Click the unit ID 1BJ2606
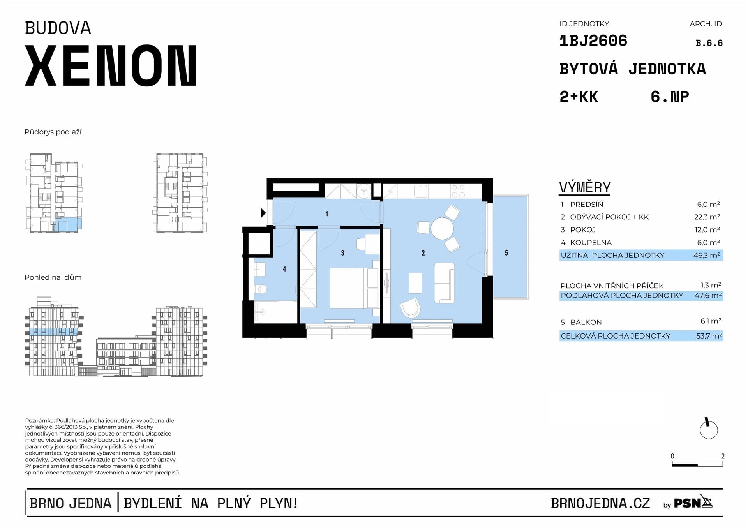click(x=593, y=41)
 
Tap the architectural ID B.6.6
click(x=709, y=43)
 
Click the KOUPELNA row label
click(x=591, y=242)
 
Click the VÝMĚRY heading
click(x=585, y=187)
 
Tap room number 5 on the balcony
click(x=506, y=253)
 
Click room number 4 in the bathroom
click(x=284, y=269)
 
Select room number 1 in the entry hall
click(x=326, y=213)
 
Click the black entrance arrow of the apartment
click(x=263, y=213)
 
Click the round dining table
click(x=442, y=229)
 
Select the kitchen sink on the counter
click(x=420, y=191)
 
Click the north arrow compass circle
click(x=709, y=430)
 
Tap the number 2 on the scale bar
click(x=723, y=456)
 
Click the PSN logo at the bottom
click(x=693, y=503)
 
